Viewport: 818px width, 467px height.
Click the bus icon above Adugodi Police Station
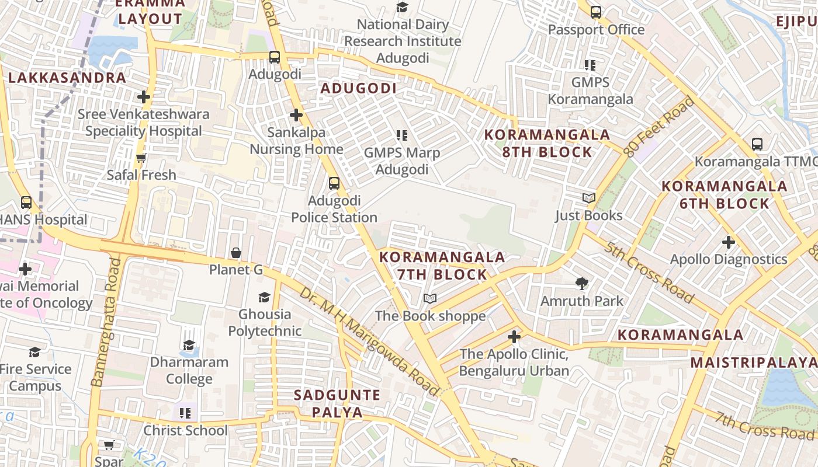click(334, 183)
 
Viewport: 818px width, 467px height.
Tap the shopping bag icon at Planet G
click(236, 253)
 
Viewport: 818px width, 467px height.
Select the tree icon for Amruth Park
click(581, 284)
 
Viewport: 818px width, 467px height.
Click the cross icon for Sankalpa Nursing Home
click(296, 115)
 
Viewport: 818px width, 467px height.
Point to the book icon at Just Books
click(589, 198)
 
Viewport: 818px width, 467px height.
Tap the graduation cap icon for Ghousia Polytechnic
click(265, 297)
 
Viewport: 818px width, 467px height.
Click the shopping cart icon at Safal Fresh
click(141, 158)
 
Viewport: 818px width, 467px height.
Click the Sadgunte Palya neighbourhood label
click(337, 403)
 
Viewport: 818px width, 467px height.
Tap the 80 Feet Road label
click(659, 127)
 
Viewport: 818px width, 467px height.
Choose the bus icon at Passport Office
click(596, 12)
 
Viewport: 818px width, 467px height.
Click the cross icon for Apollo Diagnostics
click(728, 242)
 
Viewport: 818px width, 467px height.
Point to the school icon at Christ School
click(185, 413)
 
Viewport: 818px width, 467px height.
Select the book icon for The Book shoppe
click(430, 299)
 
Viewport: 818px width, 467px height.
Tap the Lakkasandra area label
click(67, 78)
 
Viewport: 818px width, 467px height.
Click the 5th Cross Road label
click(650, 273)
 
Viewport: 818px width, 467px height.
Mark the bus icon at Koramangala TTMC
click(757, 144)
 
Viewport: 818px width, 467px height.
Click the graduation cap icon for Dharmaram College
click(189, 344)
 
